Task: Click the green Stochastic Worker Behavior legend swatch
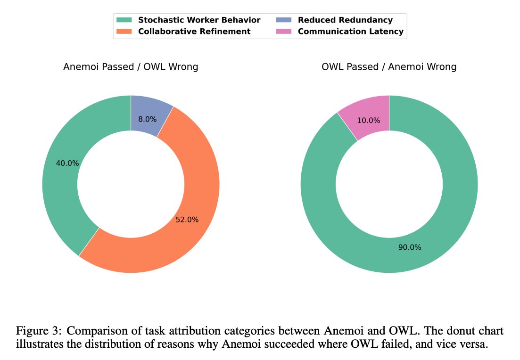124,20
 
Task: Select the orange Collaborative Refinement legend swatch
124,32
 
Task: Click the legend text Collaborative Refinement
194,32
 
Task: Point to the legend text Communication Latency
350,32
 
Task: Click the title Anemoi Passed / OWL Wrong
131,67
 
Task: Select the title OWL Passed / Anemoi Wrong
389,67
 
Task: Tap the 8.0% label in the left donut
148,120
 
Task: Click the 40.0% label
67,164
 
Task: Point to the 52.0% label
187,220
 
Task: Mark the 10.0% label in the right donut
369,121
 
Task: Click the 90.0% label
410,247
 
